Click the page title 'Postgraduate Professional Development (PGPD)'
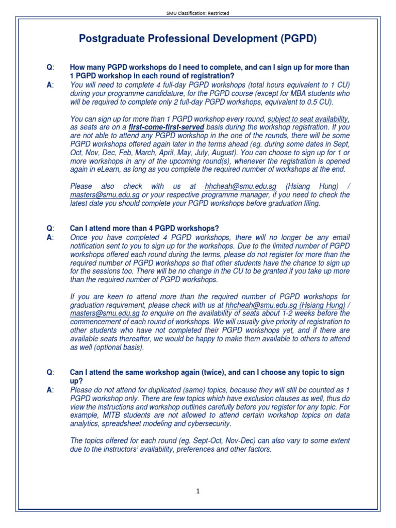click(198, 39)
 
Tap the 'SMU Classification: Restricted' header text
click(198, 13)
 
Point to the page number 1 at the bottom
click(198, 491)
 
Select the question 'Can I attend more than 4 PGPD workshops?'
click(144, 228)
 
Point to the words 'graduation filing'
click(291, 203)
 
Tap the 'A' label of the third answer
click(49, 390)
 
